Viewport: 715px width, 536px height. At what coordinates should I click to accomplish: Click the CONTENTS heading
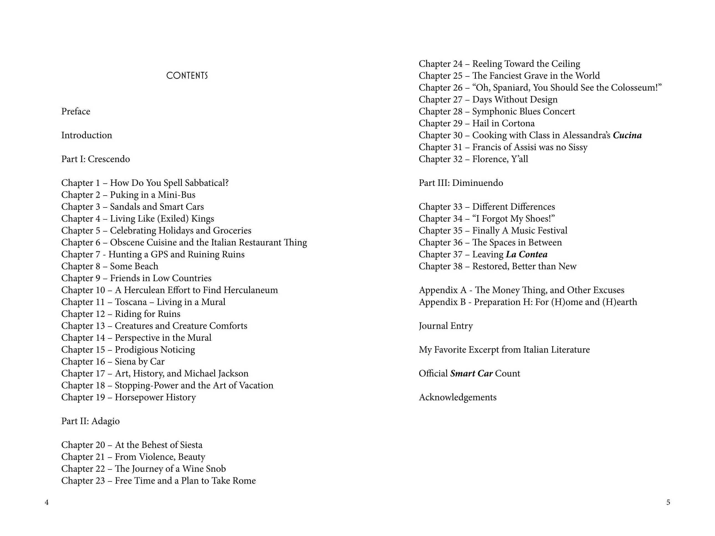187,76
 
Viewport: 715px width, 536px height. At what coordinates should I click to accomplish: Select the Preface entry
76,111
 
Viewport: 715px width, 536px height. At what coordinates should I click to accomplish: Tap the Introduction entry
87,135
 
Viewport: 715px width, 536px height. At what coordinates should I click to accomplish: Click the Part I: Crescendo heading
95,159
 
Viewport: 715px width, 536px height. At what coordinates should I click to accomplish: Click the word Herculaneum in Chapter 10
251,290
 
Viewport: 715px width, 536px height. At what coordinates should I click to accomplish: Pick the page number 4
47,502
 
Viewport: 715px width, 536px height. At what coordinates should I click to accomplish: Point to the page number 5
668,502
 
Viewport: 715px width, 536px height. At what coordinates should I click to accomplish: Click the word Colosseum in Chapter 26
634,88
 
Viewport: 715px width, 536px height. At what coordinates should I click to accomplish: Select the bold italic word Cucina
627,135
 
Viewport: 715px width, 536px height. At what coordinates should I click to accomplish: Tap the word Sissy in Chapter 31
578,147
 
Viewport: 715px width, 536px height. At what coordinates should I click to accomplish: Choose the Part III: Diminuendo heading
461,183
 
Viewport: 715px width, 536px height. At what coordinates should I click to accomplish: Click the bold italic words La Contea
527,255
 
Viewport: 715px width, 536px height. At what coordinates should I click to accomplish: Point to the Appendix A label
443,290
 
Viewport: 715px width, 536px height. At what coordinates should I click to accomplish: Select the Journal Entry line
445,326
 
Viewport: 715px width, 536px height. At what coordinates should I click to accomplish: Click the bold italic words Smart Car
471,373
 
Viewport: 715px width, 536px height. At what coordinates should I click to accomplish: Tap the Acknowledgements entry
457,397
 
